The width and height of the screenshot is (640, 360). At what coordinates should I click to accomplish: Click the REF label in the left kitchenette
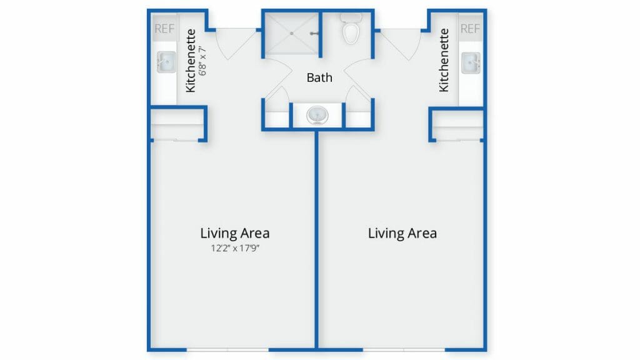(x=164, y=29)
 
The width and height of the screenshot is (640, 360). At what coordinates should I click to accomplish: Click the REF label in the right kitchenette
(x=470, y=29)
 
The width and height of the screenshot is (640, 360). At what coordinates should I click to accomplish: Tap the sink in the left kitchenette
(x=166, y=62)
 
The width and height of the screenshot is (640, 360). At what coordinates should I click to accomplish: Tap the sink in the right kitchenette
(x=471, y=63)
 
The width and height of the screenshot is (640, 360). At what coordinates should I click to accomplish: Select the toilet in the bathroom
(x=351, y=28)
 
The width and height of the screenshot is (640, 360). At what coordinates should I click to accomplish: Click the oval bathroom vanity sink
(x=317, y=116)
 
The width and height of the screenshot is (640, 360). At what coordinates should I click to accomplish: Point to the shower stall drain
(x=291, y=34)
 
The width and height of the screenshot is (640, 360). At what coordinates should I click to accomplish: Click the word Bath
(x=319, y=77)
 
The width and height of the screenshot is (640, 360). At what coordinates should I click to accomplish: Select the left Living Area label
(x=235, y=233)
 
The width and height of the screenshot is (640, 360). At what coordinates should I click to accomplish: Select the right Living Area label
(x=402, y=233)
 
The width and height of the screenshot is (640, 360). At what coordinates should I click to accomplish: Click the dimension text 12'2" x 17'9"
(x=235, y=248)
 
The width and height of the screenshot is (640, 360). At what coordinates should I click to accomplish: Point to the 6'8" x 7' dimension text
(x=202, y=61)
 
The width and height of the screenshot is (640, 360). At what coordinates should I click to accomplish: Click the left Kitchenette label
(x=191, y=61)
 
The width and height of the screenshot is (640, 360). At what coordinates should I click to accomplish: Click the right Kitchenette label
(x=444, y=60)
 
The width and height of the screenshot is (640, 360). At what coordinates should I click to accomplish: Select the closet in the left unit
(x=176, y=125)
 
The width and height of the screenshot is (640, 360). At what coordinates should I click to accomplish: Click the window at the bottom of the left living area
(x=227, y=350)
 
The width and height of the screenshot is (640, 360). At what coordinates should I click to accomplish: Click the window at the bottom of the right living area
(x=404, y=350)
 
